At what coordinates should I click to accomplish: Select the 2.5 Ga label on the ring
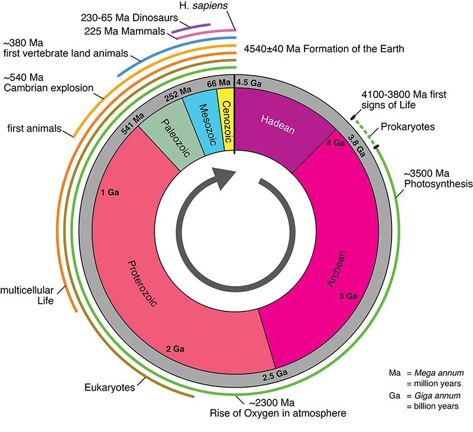coord(274,374)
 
